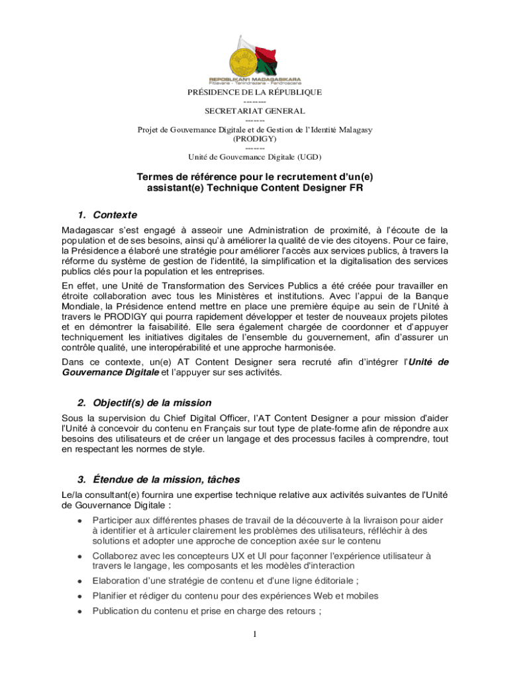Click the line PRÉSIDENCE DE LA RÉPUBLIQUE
tap(254, 92)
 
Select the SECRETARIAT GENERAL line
tap(254, 111)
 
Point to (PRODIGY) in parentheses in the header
tap(254, 139)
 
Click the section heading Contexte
tap(115, 215)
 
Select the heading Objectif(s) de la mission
tap(152, 403)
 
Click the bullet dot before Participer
tap(79, 520)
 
